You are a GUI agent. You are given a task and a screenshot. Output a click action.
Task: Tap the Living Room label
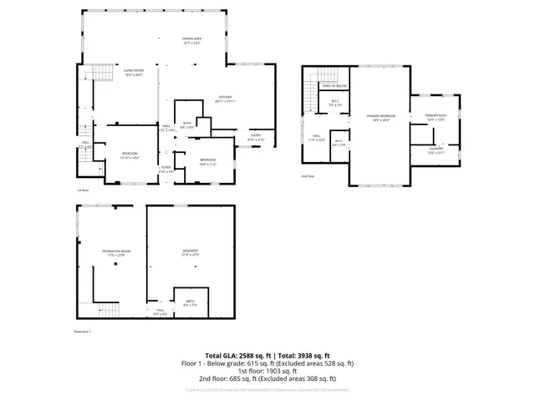134,73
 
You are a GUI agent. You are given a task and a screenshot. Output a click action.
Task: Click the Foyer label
166,170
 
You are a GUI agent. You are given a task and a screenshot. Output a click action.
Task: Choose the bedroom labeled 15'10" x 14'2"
129,155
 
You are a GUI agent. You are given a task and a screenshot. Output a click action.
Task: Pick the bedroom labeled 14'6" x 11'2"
207,161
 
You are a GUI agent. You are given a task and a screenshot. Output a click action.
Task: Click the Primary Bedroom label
380,118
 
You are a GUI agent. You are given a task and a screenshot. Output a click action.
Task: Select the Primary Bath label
436,117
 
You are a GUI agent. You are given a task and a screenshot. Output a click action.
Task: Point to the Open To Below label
334,85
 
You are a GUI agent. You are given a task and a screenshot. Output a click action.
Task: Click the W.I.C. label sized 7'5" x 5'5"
334,104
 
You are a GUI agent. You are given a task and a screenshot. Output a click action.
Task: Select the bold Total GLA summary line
267,356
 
